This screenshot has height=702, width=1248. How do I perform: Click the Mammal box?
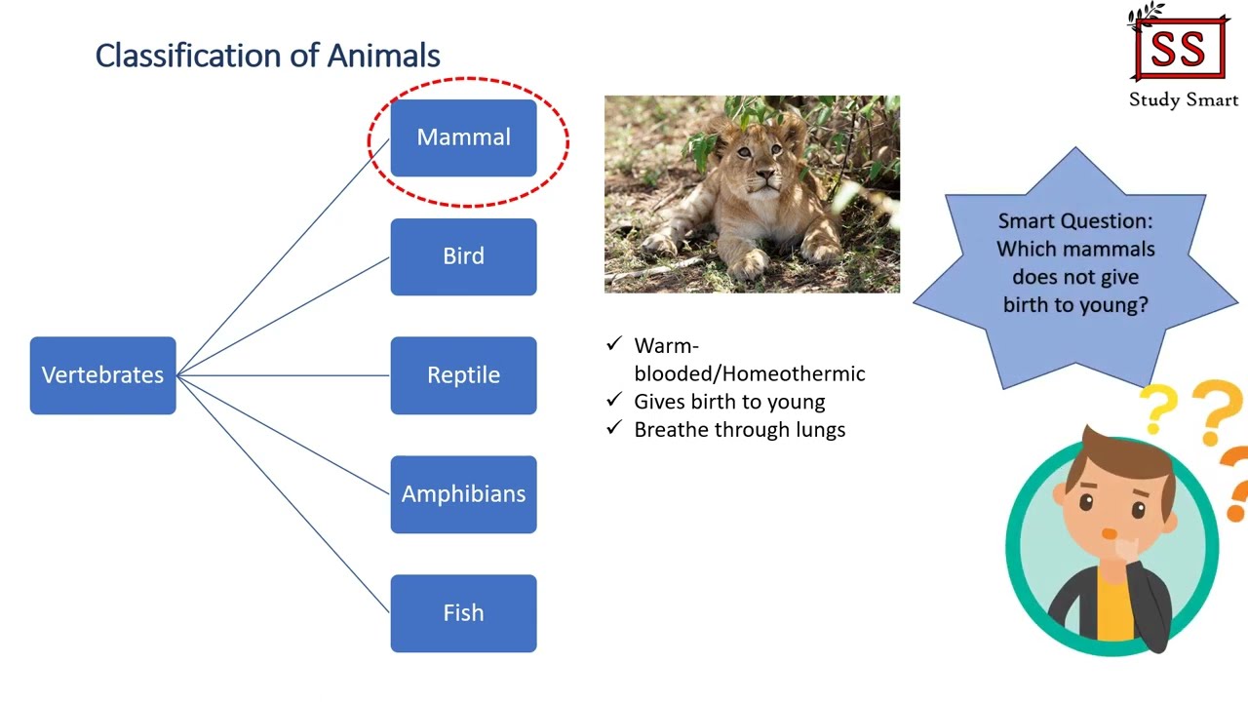point(463,137)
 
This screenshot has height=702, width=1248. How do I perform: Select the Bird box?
point(463,256)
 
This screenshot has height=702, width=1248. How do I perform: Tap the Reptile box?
point(463,375)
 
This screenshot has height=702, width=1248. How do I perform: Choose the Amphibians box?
point(463,494)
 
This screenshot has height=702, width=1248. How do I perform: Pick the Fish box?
point(463,613)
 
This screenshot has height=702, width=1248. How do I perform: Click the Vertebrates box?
point(102,375)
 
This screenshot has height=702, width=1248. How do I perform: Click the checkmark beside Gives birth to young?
point(613,401)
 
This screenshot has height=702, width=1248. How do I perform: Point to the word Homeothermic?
point(794,373)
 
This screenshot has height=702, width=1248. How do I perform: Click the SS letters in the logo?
point(1179,50)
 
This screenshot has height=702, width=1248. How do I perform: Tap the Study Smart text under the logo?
point(1183,99)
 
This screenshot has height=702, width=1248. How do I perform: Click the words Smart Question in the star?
point(1075,221)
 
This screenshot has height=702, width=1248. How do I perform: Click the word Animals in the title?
point(383,56)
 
